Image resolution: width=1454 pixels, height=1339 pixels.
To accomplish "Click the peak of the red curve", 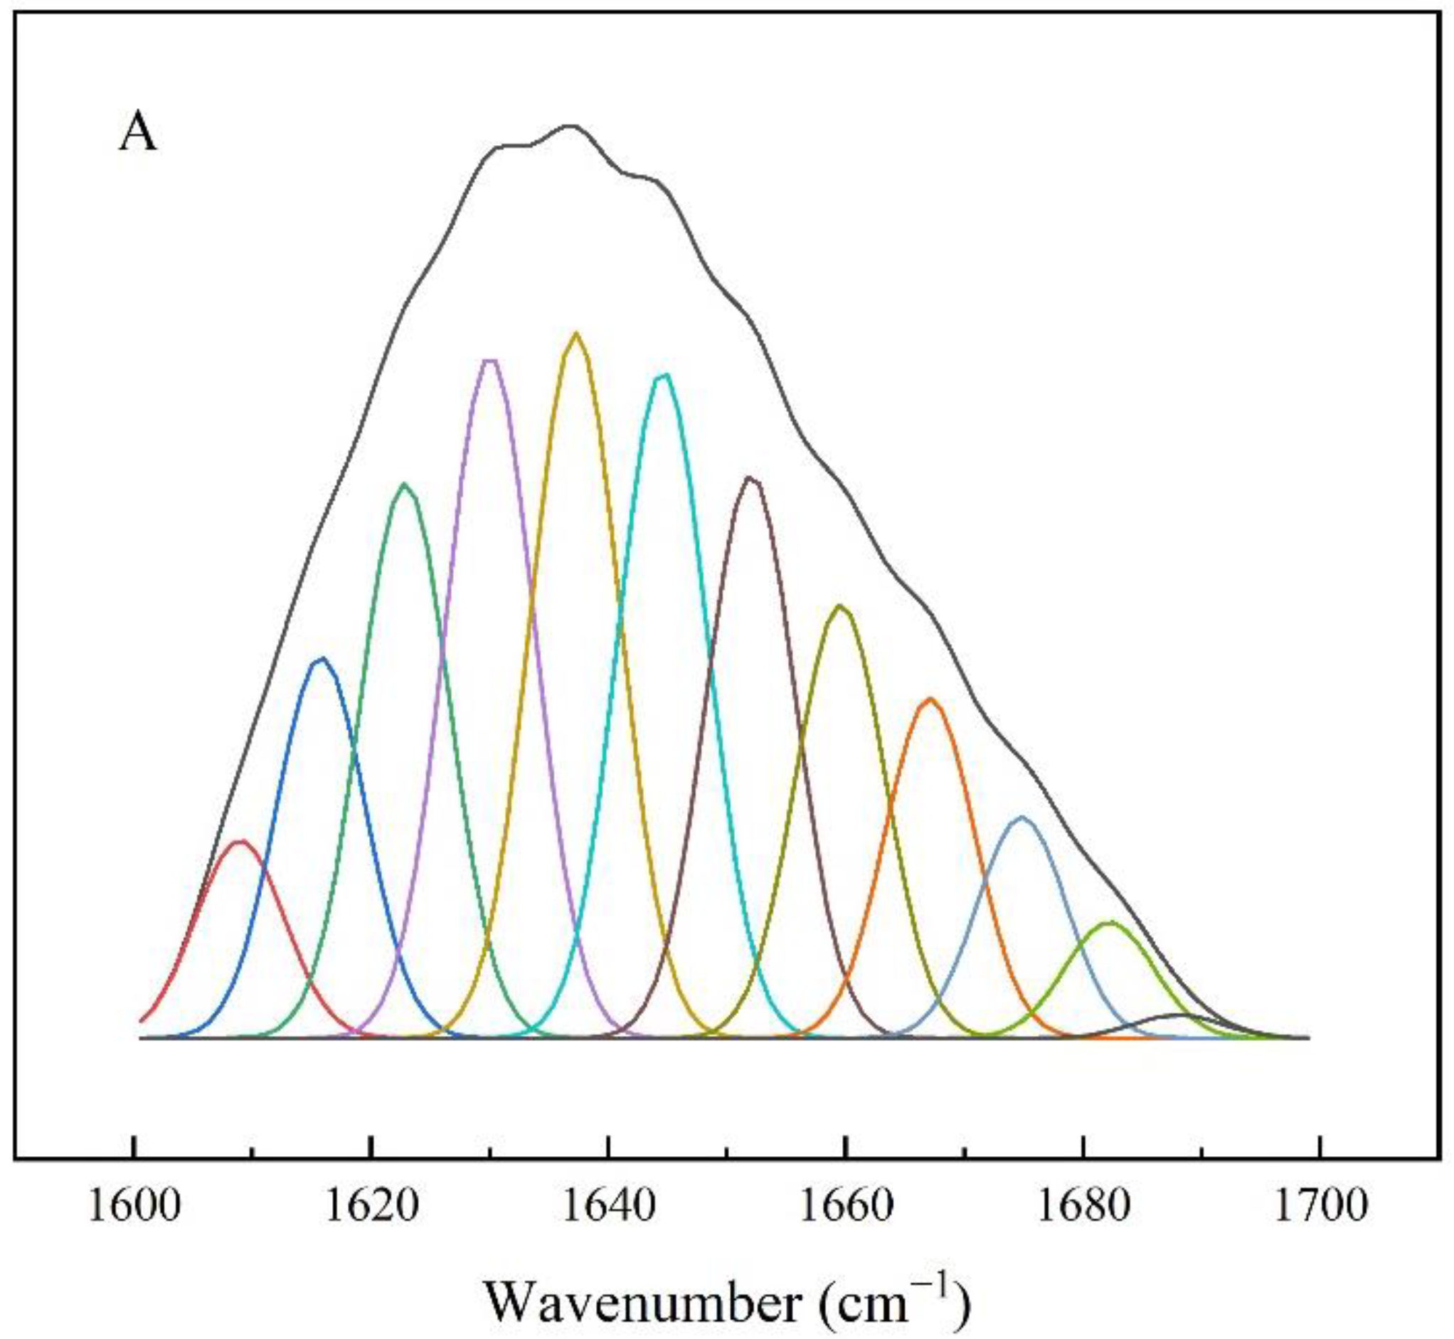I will [x=242, y=841].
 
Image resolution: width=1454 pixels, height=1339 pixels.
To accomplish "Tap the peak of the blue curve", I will [x=322, y=659].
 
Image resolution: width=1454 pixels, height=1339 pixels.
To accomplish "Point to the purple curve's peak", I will [x=489, y=360].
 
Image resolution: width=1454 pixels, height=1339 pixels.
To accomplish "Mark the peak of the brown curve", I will [x=750, y=477].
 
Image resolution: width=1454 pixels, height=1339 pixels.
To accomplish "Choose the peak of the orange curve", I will [x=931, y=699].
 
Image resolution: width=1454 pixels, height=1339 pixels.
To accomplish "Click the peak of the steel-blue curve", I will [x=1022, y=817].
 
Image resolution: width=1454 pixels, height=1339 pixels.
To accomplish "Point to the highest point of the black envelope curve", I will [x=571, y=126].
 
